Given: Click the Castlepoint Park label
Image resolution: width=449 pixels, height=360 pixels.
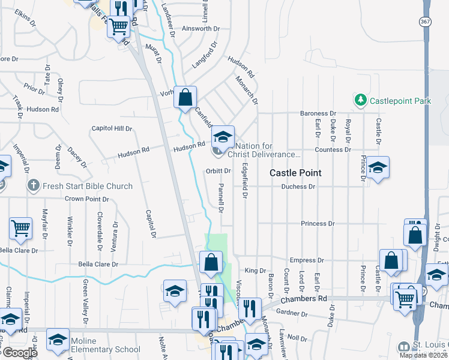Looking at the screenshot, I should pyautogui.click(x=400, y=101).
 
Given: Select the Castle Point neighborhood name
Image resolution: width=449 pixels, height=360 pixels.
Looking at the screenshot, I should pyautogui.click(x=295, y=173).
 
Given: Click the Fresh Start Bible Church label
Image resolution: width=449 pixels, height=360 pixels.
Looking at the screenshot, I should pyautogui.click(x=88, y=186).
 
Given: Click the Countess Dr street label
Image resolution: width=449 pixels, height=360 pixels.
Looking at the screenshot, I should pyautogui.click(x=333, y=149).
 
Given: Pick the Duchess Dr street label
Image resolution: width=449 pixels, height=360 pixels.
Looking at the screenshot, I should pyautogui.click(x=298, y=187).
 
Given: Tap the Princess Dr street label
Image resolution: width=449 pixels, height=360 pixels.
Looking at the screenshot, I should pyautogui.click(x=317, y=223).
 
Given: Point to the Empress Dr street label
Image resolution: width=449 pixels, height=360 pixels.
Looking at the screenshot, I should pyautogui.click(x=306, y=260).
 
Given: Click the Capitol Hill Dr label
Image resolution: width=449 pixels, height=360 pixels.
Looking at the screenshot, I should pyautogui.click(x=112, y=128).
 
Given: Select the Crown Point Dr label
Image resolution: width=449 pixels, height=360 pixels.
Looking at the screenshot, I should pyautogui.click(x=86, y=198).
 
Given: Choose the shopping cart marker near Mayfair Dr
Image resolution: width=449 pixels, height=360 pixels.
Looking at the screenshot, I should pyautogui.click(x=20, y=227).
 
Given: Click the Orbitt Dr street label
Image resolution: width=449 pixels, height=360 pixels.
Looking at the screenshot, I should pyautogui.click(x=218, y=170).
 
